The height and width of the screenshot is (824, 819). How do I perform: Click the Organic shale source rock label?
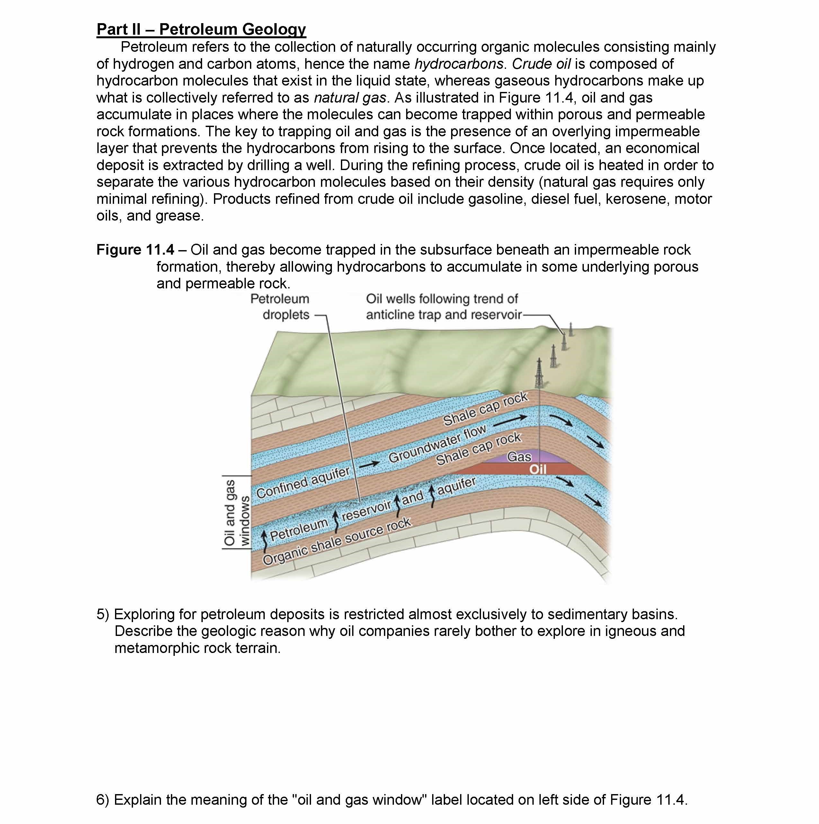337,541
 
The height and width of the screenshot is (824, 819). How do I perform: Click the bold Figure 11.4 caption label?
135,249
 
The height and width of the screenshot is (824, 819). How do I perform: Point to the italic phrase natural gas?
350,98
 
